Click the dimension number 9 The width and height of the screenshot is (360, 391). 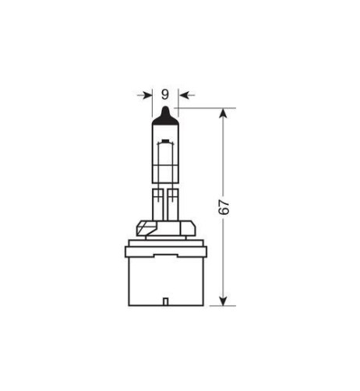[x=164, y=94]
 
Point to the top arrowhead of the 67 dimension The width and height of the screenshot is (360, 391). [x=224, y=113]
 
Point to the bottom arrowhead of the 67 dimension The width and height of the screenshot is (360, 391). [x=224, y=301]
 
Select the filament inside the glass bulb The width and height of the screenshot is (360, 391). [x=164, y=156]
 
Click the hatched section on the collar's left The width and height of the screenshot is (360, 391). [x=143, y=230]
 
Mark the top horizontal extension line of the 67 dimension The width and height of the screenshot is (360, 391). [x=206, y=108]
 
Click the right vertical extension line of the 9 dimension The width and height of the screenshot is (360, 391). [x=178, y=105]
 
